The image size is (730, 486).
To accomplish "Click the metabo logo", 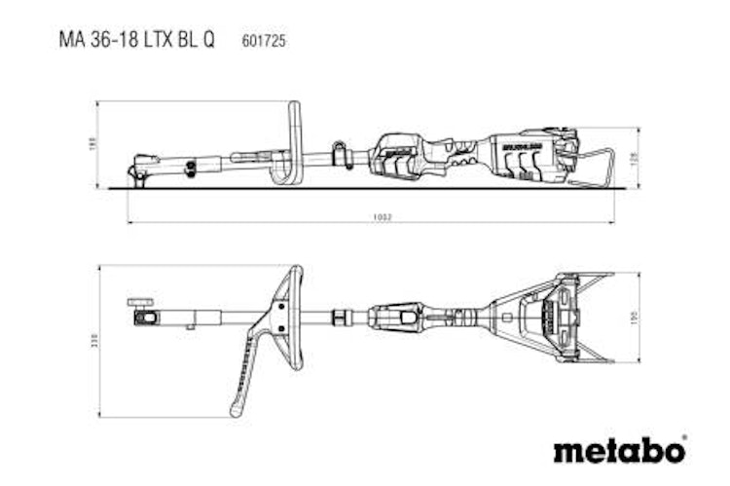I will coord(619,450).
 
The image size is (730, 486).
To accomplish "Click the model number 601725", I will coord(262,40).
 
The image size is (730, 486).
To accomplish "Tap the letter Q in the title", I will coord(209,40).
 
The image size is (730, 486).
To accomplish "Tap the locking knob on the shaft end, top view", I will coord(142,303).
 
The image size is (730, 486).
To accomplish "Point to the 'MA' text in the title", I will coord(72,40).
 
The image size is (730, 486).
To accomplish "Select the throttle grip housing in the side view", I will coord(399,156).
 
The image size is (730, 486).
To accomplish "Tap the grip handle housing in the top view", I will coord(397,318).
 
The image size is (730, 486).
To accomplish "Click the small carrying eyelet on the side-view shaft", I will coord(341,154).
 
